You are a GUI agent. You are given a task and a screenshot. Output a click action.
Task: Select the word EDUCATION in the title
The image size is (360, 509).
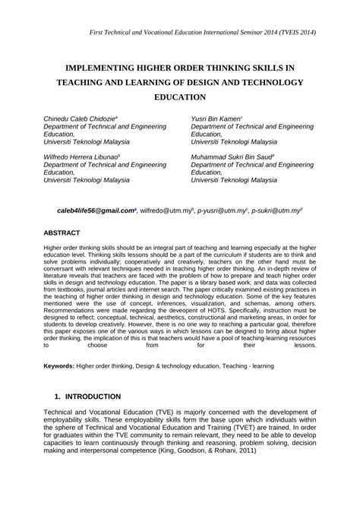[179, 98]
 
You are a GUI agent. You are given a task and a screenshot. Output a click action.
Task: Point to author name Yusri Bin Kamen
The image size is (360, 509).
[216, 119]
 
